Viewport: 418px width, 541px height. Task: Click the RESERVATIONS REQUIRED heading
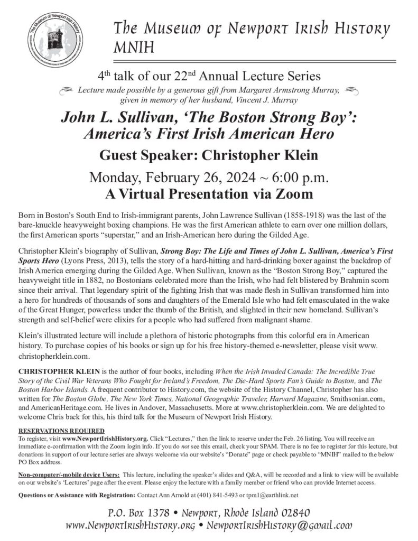[x=61, y=432]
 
